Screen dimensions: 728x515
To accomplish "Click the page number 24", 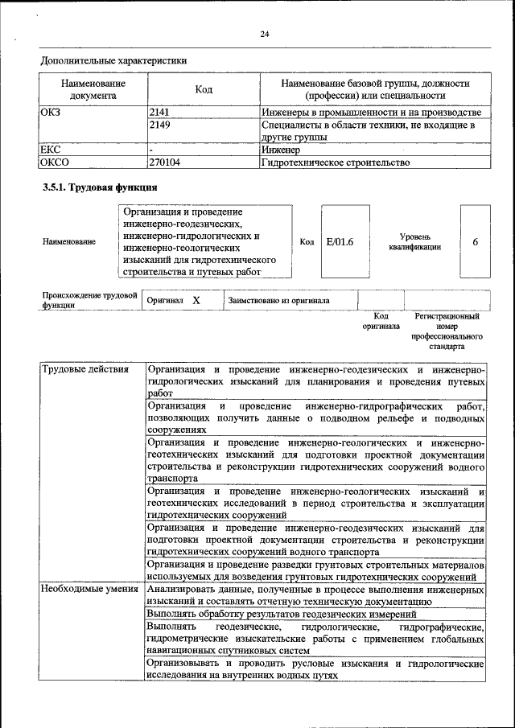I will coord(264,33).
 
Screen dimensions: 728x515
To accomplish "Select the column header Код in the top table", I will coord(204,90).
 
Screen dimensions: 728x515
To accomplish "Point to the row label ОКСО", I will coord(55,162).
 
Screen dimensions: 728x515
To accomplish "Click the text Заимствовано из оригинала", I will coord(278,301).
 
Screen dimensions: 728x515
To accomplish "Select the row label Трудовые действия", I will coord(84,370).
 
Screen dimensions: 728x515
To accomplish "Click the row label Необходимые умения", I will coord(90,590).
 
